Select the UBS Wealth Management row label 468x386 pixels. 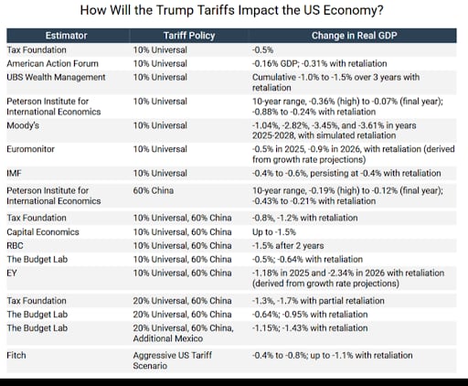59,78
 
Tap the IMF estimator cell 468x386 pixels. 14,171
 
